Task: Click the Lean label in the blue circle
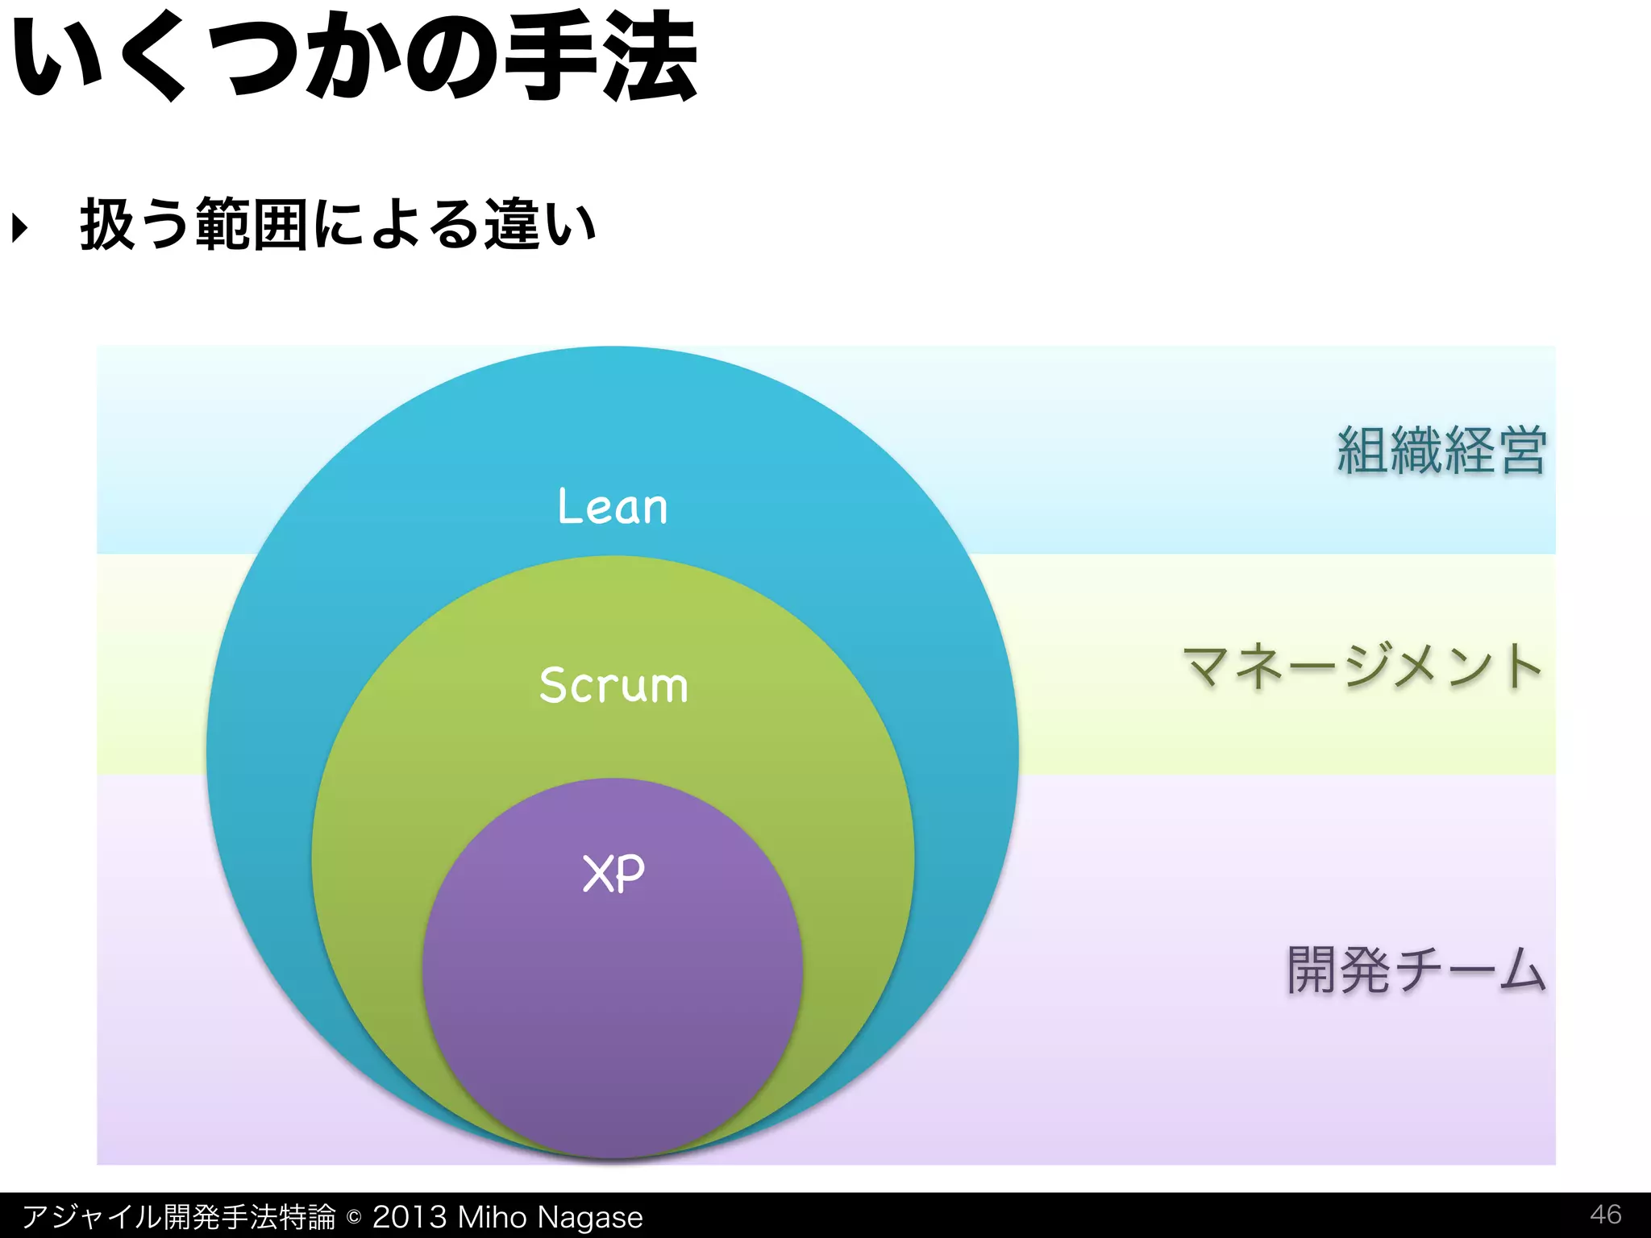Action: [613, 507]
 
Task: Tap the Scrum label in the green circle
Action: [613, 686]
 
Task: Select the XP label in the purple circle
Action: [613, 873]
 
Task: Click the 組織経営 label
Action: [1441, 451]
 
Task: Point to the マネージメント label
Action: [1362, 667]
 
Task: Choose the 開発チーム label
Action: [1416, 970]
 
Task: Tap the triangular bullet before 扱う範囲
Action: [20, 227]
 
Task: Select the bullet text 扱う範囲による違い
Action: [338, 225]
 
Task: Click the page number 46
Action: [1605, 1214]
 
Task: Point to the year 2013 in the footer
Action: [409, 1216]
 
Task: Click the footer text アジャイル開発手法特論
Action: [178, 1216]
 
